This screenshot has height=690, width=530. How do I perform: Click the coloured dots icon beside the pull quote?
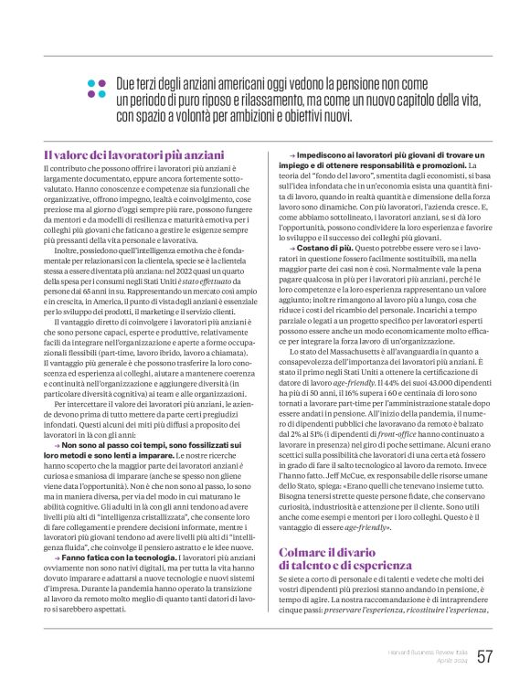click(x=98, y=88)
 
